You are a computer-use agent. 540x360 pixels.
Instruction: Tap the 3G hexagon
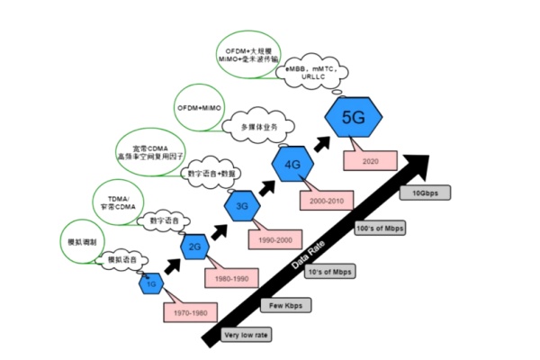click(x=241, y=207)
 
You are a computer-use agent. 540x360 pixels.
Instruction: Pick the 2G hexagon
click(x=194, y=246)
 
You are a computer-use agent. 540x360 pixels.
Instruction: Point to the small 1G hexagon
click(x=151, y=283)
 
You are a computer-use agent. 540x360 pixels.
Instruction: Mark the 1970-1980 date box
click(x=187, y=312)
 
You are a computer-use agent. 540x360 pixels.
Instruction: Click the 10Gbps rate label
click(x=426, y=193)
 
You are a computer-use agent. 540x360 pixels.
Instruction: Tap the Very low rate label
click(x=245, y=335)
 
